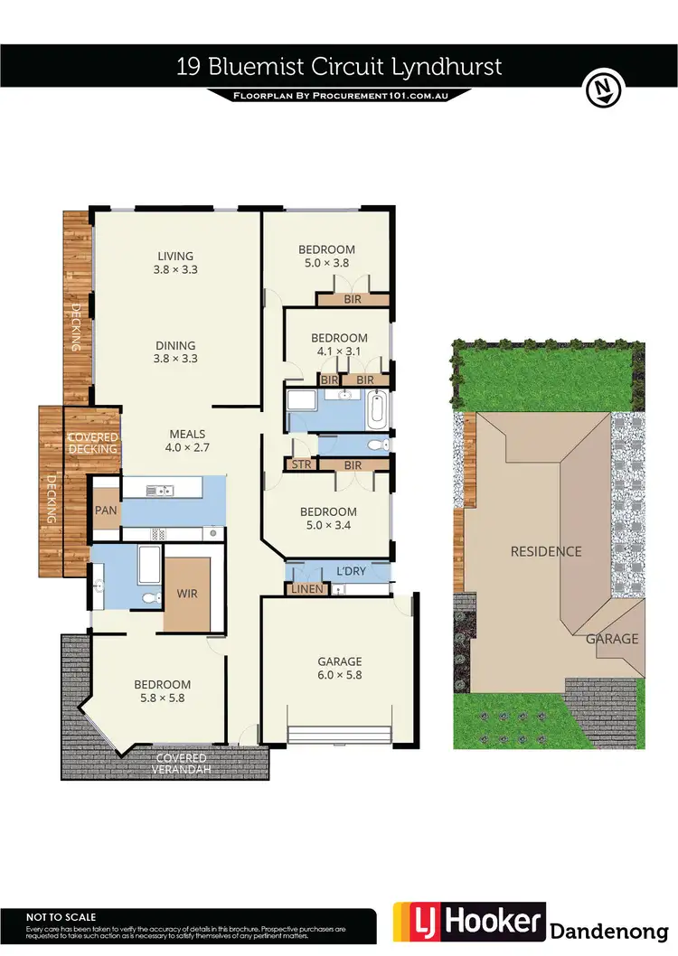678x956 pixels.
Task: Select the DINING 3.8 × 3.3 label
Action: pyautogui.click(x=175, y=351)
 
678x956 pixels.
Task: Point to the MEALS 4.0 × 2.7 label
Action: pyautogui.click(x=185, y=440)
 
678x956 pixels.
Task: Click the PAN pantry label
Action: pyautogui.click(x=106, y=510)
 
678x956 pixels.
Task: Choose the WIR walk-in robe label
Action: pyautogui.click(x=188, y=594)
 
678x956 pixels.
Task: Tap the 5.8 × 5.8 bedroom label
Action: pyautogui.click(x=164, y=698)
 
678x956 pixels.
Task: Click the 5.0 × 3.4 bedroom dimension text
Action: pyautogui.click(x=327, y=526)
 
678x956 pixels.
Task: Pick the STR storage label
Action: pyautogui.click(x=300, y=464)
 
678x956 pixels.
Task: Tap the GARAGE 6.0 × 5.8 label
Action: pyautogui.click(x=339, y=667)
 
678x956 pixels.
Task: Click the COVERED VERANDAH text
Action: pyautogui.click(x=181, y=763)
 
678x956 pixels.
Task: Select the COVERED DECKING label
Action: pyautogui.click(x=93, y=443)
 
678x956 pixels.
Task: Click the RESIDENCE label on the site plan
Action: pyautogui.click(x=545, y=551)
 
